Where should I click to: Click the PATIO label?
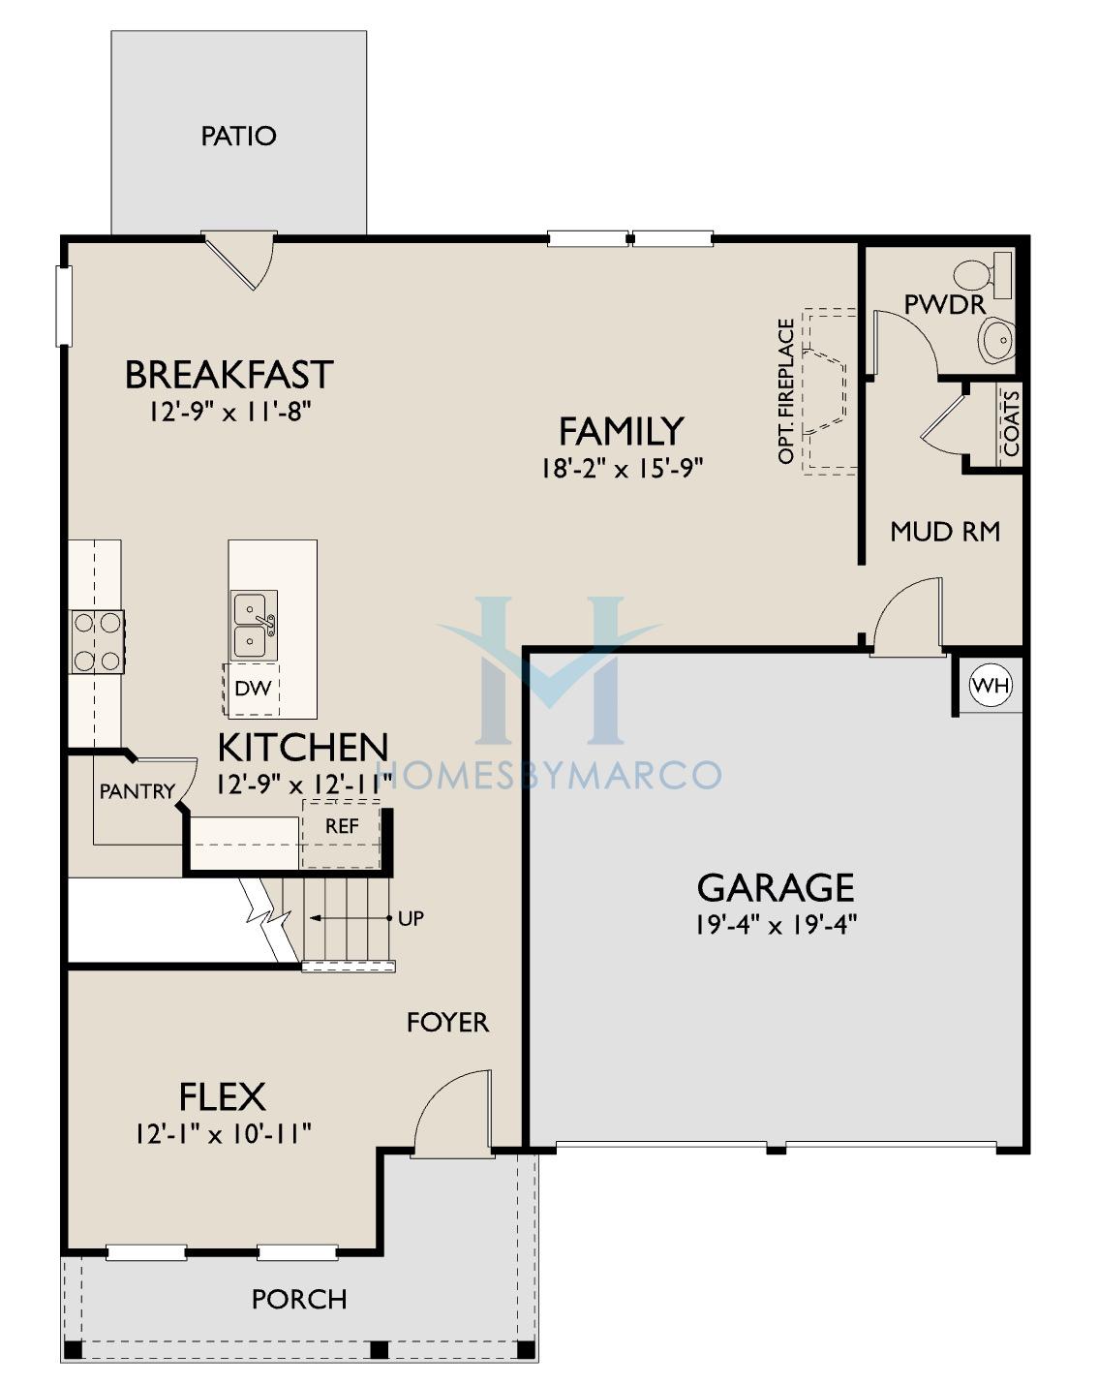(x=239, y=136)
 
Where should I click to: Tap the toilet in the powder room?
(x=982, y=275)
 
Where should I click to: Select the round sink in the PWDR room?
(x=997, y=340)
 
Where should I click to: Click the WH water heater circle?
(x=991, y=686)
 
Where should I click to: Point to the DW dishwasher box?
(x=252, y=690)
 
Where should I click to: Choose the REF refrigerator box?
(x=341, y=835)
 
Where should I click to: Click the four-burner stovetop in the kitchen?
(x=97, y=642)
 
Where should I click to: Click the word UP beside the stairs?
(x=411, y=919)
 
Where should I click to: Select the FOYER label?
(x=447, y=1023)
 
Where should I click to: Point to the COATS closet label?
(x=1011, y=423)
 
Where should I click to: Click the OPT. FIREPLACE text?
(x=786, y=391)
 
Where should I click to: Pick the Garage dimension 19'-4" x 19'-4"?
(x=776, y=925)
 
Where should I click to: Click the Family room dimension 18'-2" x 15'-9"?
(x=621, y=469)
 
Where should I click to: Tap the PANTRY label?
(x=137, y=791)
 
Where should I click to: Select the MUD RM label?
(x=945, y=532)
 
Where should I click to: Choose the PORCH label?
(x=299, y=1300)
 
